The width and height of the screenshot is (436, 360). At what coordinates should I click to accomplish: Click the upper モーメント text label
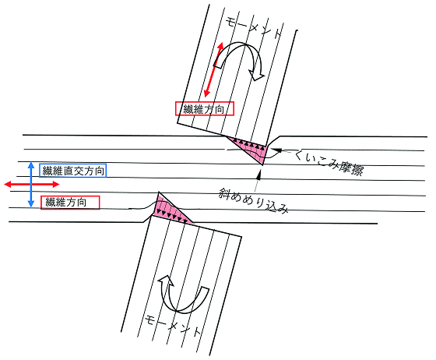[x=253, y=27]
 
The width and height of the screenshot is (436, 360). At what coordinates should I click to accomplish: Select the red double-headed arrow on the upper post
[x=214, y=69]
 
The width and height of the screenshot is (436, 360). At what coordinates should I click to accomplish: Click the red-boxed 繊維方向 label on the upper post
[x=204, y=109]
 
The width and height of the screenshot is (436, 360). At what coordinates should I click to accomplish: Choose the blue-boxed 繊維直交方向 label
[x=73, y=171]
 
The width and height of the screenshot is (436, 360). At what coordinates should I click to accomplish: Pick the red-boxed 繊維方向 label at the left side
[x=70, y=203]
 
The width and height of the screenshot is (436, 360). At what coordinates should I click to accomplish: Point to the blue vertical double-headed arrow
[x=31, y=185]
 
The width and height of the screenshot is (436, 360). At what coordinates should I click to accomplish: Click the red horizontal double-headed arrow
[x=32, y=184]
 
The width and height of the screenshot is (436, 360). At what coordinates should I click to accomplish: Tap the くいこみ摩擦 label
[x=328, y=164]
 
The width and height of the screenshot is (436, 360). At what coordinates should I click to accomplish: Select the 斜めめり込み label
[x=253, y=200]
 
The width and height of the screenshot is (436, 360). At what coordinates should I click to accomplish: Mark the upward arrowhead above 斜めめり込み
[x=258, y=175]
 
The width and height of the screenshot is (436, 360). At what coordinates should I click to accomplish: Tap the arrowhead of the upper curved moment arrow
[x=257, y=76]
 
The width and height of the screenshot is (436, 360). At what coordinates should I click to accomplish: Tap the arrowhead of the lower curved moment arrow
[x=166, y=281]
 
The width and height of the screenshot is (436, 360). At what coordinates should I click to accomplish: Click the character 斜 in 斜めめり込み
[x=224, y=192]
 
